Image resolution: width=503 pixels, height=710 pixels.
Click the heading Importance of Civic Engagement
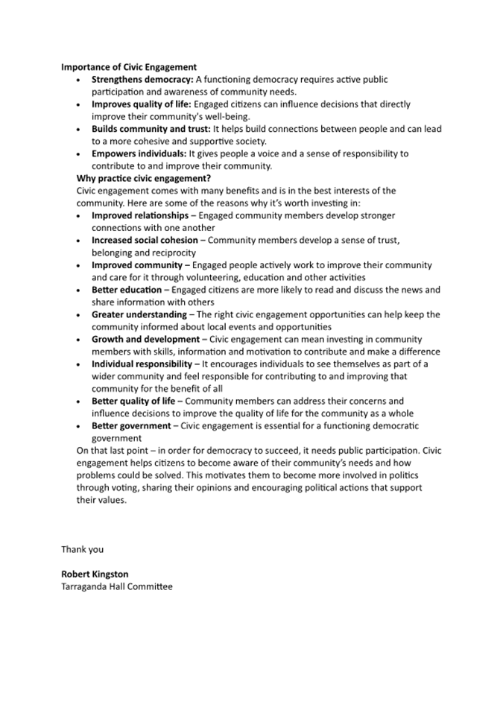(129, 67)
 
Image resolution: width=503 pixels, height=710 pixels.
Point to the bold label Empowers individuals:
(139, 153)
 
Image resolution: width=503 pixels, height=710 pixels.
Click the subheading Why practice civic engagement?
(144, 179)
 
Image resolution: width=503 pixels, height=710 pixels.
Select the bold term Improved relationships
(140, 215)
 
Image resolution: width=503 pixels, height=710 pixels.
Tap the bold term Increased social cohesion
(145, 240)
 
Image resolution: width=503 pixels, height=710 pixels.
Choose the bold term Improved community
(136, 265)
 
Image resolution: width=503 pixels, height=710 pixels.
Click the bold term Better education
(126, 290)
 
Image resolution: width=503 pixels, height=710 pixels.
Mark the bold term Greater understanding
(139, 314)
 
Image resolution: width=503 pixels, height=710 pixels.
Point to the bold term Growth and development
(145, 339)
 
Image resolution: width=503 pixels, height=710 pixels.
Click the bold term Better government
(131, 425)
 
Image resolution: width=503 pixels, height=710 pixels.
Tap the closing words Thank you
(82, 550)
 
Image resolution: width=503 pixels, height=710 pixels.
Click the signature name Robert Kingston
(95, 574)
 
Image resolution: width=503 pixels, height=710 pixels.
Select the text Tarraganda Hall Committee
(116, 586)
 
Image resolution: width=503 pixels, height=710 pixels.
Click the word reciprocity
(174, 253)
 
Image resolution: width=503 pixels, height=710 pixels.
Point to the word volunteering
(208, 277)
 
